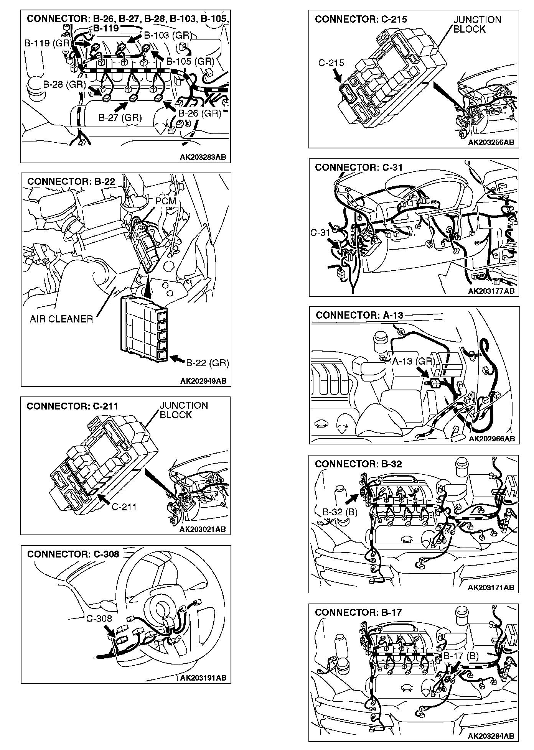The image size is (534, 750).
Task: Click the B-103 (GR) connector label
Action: [168, 36]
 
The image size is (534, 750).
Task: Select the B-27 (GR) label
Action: [120, 117]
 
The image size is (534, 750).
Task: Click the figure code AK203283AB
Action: [203, 157]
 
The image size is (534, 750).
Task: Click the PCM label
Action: [166, 201]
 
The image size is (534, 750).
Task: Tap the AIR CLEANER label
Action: [61, 319]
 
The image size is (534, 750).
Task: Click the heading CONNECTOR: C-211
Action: [72, 406]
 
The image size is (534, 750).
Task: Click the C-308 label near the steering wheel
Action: [99, 618]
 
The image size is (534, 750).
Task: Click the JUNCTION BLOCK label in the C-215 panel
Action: [477, 25]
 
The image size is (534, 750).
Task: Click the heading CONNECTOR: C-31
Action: [359, 167]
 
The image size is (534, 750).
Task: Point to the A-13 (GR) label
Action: [413, 361]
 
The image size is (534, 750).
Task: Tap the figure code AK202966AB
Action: [492, 439]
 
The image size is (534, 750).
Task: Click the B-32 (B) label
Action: [340, 512]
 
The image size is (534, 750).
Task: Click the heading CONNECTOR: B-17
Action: [358, 612]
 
